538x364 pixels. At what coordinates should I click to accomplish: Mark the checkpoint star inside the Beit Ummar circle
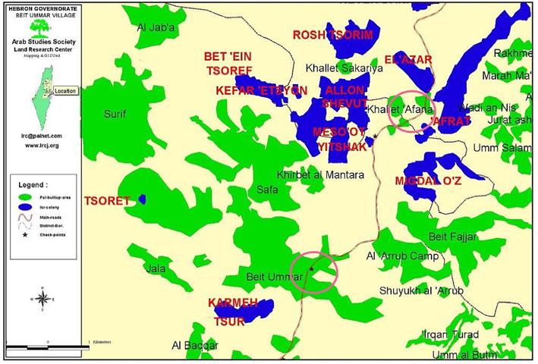[312, 268]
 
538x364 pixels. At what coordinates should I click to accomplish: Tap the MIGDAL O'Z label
[428, 180]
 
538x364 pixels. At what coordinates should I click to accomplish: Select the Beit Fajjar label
[453, 237]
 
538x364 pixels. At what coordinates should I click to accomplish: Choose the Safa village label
[267, 189]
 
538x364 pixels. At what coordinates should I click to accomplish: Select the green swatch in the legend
[26, 196]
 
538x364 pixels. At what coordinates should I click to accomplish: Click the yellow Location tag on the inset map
[65, 90]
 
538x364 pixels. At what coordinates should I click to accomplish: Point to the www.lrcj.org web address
[42, 144]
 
